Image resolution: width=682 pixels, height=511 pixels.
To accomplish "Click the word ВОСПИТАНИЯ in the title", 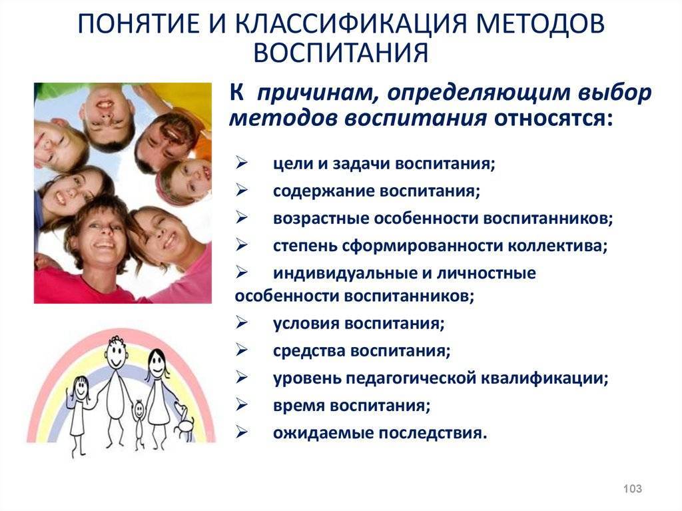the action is coord(341,53).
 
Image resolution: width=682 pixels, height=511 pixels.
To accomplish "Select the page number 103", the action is coord(633,488).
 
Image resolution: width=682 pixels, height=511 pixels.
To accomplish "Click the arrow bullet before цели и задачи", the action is coord(242,163).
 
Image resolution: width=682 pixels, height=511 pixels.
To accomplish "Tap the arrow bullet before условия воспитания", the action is coord(242,323).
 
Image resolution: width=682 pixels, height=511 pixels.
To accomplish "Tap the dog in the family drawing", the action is coord(185,422).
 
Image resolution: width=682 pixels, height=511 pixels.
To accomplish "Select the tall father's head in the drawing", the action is coord(116,352).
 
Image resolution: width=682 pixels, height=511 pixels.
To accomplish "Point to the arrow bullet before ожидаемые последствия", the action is coord(242,432).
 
